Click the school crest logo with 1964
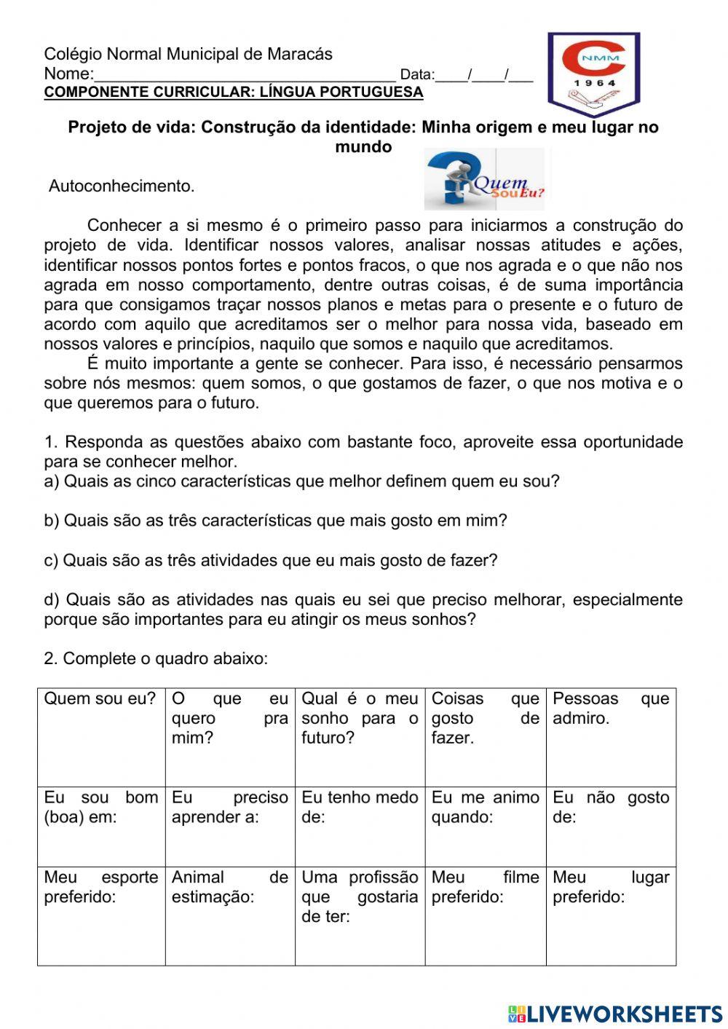[593, 74]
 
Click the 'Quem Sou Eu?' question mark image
[484, 179]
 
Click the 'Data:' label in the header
[417, 74]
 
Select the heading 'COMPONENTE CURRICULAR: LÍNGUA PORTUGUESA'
[233, 92]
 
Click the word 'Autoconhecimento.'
[122, 186]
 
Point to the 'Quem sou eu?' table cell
[101, 736]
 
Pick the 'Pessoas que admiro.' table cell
[611, 736]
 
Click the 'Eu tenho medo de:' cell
[360, 826]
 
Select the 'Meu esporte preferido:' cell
[101, 915]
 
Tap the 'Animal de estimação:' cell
[230, 915]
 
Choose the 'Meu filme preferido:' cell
[486, 915]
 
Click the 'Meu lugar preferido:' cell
[611, 915]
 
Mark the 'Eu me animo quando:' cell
[486, 826]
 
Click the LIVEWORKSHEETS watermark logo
[615, 1013]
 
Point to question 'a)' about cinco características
[301, 481]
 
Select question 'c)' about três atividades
[271, 561]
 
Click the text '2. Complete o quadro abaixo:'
[156, 659]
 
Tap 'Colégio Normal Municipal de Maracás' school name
[188, 54]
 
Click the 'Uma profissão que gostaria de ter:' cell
[360, 915]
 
